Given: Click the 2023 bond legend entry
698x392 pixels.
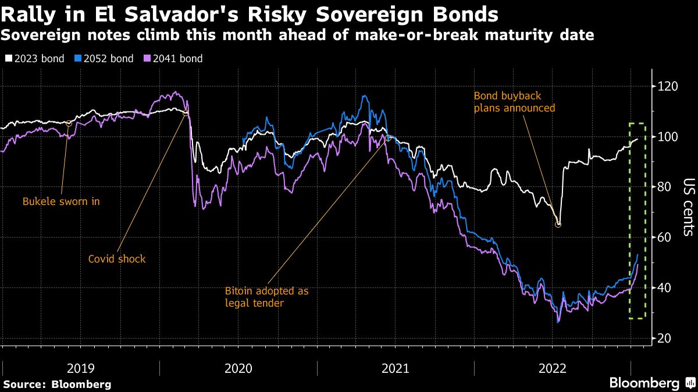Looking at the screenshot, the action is pyautogui.click(x=34, y=59).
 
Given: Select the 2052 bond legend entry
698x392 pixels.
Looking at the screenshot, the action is pyautogui.click(x=104, y=59).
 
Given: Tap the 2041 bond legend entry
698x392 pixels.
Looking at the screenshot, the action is pyautogui.click(x=173, y=59).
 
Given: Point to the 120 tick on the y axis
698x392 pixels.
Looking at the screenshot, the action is pyautogui.click(x=667, y=86).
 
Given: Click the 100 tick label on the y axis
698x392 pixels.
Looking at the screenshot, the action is pyautogui.click(x=667, y=136).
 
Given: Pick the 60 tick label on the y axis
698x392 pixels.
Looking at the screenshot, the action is pyautogui.click(x=664, y=238).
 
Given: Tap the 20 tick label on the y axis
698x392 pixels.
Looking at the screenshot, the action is pyautogui.click(x=664, y=338).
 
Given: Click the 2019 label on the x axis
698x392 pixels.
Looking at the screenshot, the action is pyautogui.click(x=81, y=368).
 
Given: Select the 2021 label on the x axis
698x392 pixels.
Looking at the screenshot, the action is pyautogui.click(x=395, y=368).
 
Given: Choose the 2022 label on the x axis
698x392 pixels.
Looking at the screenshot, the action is pyautogui.click(x=552, y=368).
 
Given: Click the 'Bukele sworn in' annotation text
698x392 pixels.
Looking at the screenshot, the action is pyautogui.click(x=61, y=202).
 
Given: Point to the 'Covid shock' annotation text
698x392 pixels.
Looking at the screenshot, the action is pyautogui.click(x=117, y=259).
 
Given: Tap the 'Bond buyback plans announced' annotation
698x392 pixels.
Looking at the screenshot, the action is pyautogui.click(x=514, y=102).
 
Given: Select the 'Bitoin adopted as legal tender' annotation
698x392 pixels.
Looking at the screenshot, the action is pyautogui.click(x=267, y=297).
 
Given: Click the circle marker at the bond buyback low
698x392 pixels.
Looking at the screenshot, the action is pyautogui.click(x=558, y=224).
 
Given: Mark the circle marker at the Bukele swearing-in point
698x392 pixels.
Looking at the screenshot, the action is pyautogui.click(x=69, y=124).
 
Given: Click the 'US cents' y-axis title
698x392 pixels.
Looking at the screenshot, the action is pyautogui.click(x=689, y=207).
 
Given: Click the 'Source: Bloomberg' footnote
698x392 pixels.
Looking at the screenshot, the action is pyautogui.click(x=58, y=384).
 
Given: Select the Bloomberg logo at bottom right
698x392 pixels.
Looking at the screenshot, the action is pyautogui.click(x=653, y=383).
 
